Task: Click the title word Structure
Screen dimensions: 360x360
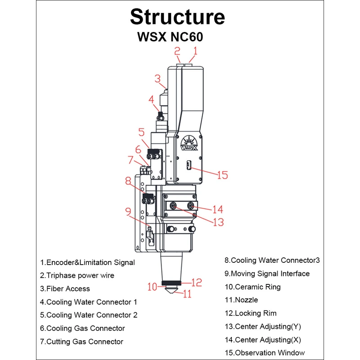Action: [x=177, y=17]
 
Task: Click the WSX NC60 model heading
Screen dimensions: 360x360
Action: [x=170, y=36]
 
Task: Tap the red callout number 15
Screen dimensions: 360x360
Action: [x=222, y=175]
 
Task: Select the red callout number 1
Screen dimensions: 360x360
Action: [x=195, y=50]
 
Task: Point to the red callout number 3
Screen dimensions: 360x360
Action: [x=157, y=79]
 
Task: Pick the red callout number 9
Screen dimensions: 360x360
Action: [x=128, y=210]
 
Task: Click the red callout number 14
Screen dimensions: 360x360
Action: [x=218, y=209]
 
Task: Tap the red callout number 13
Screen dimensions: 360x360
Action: [x=218, y=222]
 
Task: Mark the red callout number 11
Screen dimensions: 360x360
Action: [x=187, y=294]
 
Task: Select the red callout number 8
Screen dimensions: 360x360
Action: [x=128, y=181]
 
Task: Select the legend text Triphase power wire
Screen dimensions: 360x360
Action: [x=77, y=275]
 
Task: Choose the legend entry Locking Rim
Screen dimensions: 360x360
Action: [x=250, y=313]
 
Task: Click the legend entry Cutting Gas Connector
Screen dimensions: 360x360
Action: [x=81, y=342]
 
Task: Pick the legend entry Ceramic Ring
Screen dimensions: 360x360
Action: [x=252, y=287]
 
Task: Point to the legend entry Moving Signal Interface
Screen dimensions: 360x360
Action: [x=267, y=274]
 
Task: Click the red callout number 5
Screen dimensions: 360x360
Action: [x=141, y=132]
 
